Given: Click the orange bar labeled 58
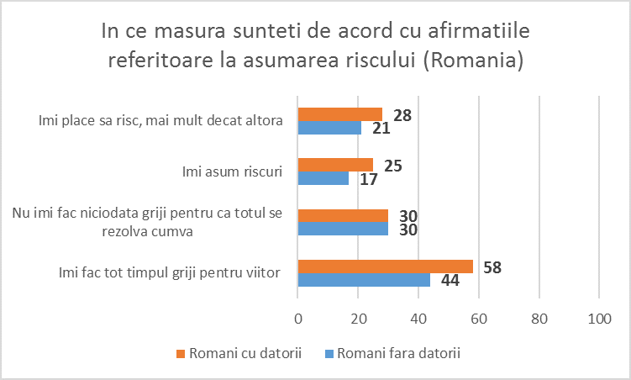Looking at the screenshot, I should pos(385,267).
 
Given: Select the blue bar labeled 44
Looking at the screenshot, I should pos(364,280).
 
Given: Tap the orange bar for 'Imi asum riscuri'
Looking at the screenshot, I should pos(335,165).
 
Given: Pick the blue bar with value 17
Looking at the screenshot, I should pos(323,178).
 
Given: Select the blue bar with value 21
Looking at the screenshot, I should pos(329,128).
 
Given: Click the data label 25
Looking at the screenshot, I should pos(392,166).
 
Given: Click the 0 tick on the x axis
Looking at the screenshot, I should pos(298,319).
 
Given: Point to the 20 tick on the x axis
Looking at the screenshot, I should pos(358,319).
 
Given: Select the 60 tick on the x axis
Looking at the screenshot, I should pos(479,319).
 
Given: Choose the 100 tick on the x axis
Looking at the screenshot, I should pos(599,319).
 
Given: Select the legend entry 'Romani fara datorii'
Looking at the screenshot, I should pos(398,353).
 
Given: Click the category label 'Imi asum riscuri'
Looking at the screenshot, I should pos(232,172).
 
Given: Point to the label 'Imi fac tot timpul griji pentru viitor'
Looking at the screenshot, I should pos(170,272).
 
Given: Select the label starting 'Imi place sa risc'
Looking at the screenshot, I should pos(159,121).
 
